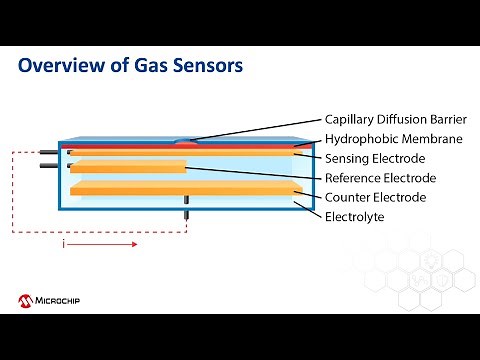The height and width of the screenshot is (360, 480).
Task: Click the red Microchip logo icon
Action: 24,299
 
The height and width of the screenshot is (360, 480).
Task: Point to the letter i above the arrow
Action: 64,241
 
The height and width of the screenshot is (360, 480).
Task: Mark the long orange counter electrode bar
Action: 186,188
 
